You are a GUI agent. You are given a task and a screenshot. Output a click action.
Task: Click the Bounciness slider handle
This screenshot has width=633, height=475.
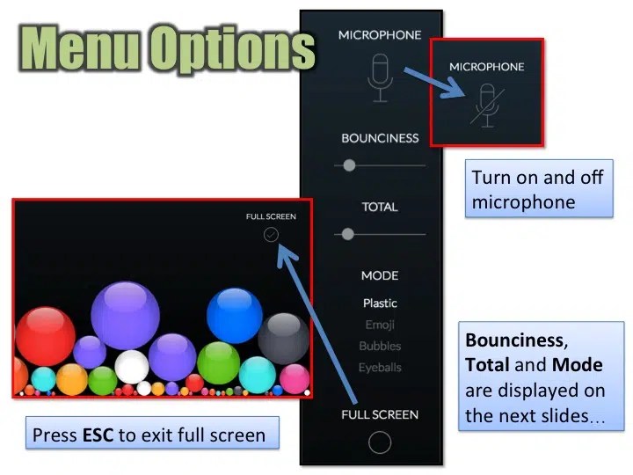point(350,165)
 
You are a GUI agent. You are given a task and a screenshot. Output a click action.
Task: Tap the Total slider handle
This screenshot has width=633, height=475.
point(348,234)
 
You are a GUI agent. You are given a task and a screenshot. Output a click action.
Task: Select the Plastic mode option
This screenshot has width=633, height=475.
point(380,303)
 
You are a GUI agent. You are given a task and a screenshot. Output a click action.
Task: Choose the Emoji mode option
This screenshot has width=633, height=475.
point(380,325)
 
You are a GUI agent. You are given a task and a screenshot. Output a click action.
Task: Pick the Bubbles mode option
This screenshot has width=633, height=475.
point(380,346)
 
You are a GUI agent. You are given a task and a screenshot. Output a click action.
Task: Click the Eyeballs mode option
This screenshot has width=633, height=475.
point(380,367)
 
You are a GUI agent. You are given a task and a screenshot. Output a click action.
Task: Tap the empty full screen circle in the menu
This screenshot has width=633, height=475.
point(380,442)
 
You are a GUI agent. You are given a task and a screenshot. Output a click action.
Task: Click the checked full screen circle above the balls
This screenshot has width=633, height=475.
point(271,234)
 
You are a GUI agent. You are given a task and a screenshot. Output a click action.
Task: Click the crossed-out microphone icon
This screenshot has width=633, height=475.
point(484,105)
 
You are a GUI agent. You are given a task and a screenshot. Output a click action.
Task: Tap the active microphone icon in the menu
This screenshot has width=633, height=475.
point(379,77)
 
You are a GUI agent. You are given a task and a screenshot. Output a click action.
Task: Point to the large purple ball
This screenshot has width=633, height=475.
point(125,315)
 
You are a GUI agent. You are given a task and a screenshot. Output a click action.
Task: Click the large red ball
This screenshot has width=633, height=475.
point(45,339)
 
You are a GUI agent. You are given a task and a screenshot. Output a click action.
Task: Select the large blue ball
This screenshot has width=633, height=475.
point(235,315)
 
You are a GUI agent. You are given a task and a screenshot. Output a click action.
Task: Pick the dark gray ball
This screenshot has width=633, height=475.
point(283,338)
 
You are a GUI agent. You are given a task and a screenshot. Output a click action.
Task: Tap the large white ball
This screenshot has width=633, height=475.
point(132,366)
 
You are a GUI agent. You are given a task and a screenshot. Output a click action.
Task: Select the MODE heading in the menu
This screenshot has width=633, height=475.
point(380,275)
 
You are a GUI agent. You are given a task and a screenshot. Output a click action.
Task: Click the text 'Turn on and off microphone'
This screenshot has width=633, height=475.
point(538,189)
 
